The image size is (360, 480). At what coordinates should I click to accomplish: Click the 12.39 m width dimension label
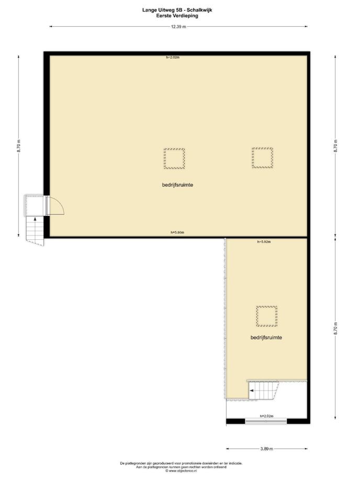coord(178,27)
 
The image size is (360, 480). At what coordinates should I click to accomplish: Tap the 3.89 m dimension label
coord(267,449)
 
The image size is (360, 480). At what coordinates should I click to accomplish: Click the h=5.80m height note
coord(177,232)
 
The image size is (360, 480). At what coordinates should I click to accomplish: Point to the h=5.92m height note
coord(264,242)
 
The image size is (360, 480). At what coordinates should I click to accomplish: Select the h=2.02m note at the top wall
coord(173,57)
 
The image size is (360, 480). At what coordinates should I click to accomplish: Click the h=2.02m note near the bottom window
coord(267,416)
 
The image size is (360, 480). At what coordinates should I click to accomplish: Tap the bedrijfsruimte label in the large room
coord(177,185)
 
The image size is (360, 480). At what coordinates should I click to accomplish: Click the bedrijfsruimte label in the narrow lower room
coord(266,337)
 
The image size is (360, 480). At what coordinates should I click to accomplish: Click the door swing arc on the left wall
coord(61,203)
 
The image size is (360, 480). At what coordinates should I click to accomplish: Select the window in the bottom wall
coord(266,421)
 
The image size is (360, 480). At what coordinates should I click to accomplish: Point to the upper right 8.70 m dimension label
coord(335,146)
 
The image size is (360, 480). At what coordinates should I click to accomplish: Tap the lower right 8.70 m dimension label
coord(335,328)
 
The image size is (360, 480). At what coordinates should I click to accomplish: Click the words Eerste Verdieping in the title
coord(177,16)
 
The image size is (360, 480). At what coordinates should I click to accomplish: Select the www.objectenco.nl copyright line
coord(181,471)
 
